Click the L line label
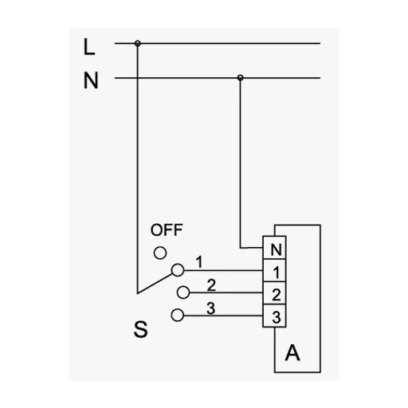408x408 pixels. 89,47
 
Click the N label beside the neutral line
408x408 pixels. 91,80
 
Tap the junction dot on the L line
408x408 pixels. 137,43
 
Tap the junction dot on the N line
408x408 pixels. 240,77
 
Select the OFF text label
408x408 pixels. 167,230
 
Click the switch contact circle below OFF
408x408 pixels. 160,253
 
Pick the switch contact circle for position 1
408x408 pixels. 178,270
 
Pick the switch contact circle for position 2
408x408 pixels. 183,292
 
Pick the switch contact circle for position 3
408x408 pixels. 178,316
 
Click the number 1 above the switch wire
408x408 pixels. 199,261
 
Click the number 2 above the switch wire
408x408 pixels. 211,285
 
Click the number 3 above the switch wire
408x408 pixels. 211,308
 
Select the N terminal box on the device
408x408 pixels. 274,248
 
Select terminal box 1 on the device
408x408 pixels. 274,270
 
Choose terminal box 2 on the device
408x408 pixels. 274,293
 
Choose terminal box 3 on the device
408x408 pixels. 274,316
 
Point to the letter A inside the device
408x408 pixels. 292,353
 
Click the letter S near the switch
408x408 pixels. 140,329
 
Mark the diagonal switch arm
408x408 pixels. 155,284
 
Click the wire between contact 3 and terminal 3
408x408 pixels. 223,316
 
